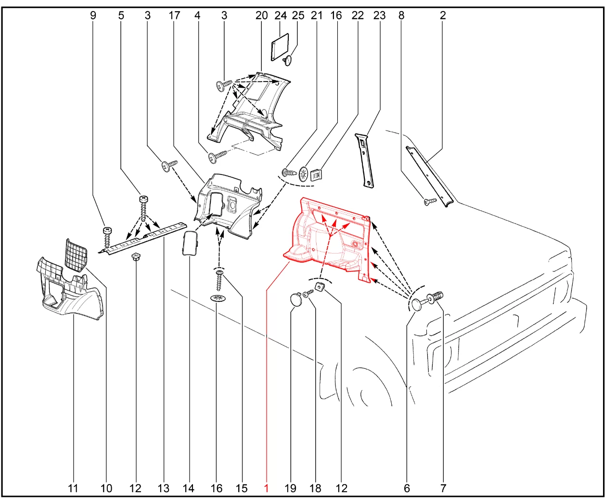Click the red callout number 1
pos(266,488)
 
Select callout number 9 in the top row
pos(93,15)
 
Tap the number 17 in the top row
pos(174,15)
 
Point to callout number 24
pos(281,15)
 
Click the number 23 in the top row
pos(379,15)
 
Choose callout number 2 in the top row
pos(443,15)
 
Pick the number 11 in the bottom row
pos(73,488)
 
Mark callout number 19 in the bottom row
pos(290,488)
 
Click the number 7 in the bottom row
pos(443,488)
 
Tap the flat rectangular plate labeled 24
pos(280,47)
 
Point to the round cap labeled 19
pos(296,299)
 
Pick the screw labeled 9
pos(107,238)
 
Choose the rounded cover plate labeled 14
pos(190,243)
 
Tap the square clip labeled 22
pos(316,175)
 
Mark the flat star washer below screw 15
pos(218,298)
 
